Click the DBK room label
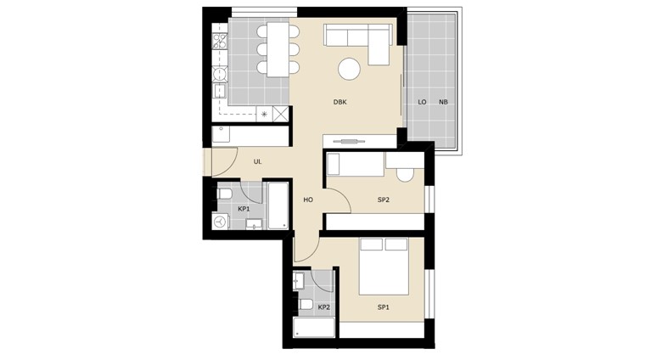click(339, 102)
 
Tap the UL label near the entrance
click(257, 162)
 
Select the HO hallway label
click(308, 200)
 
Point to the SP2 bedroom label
click(384, 200)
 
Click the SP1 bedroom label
click(384, 307)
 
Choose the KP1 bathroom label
click(244, 209)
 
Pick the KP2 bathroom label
click(324, 307)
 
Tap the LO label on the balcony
click(422, 102)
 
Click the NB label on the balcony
click(443, 102)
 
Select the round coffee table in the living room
click(349, 69)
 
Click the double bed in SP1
click(384, 267)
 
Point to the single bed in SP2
click(355, 164)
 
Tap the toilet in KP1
click(224, 194)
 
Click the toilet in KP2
click(306, 304)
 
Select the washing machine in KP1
click(220, 222)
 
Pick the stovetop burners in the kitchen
click(220, 41)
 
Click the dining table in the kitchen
click(278, 49)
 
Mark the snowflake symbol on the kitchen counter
click(264, 114)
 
